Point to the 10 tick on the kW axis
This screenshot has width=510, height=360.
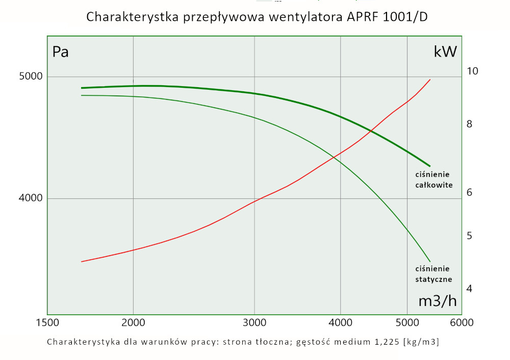click(x=473, y=71)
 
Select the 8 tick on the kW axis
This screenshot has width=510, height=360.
click(x=469, y=124)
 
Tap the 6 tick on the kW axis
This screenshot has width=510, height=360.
click(x=469, y=192)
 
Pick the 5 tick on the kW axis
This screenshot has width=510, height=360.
click(x=469, y=236)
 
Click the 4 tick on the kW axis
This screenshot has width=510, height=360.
click(x=469, y=289)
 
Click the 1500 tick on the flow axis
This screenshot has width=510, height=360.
click(x=47, y=322)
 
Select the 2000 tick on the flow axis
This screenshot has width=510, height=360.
click(x=133, y=322)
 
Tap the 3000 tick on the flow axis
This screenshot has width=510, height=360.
click(x=254, y=322)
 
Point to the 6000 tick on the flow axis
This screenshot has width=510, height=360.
click(x=462, y=322)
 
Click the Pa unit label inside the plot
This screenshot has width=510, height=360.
click(x=61, y=52)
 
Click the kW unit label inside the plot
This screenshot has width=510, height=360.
click(x=445, y=52)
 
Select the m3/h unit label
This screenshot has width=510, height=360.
click(x=437, y=301)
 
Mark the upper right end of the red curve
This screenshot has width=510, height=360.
click(x=430, y=80)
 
